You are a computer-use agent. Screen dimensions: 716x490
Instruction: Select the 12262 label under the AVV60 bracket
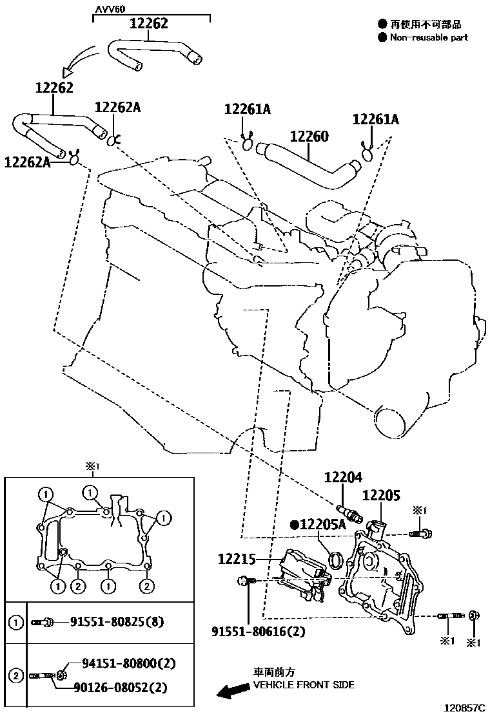click(148, 24)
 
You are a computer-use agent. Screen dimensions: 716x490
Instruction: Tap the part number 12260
click(309, 137)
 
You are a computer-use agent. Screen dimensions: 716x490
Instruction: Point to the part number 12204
click(343, 478)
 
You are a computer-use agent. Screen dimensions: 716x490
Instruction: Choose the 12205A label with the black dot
click(318, 525)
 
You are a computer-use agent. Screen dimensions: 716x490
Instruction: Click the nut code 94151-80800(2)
click(128, 663)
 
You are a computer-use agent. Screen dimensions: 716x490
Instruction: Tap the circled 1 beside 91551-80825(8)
click(14, 622)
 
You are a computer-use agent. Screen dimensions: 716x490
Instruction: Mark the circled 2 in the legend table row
click(14, 676)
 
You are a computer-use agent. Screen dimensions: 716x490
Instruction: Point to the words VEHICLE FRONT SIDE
click(303, 685)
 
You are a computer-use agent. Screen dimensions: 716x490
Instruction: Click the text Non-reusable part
click(429, 37)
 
